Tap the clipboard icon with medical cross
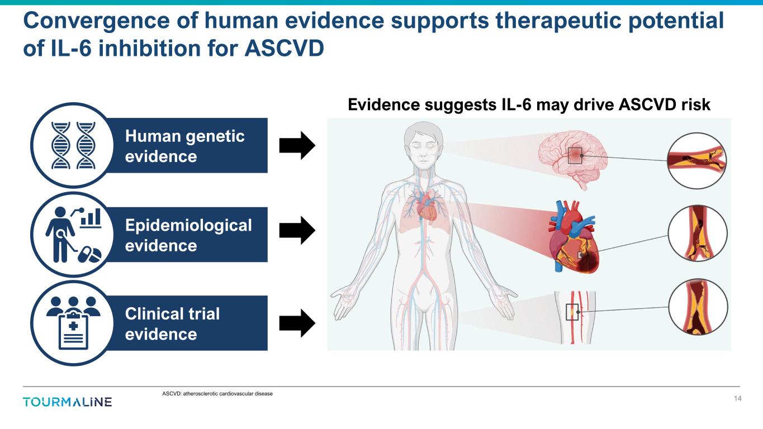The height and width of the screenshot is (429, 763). pyautogui.click(x=74, y=331)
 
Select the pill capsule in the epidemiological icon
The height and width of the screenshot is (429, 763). pyautogui.click(x=89, y=255)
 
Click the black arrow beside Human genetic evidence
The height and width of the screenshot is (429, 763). pyautogui.click(x=297, y=145)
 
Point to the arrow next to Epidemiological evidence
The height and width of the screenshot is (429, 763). pyautogui.click(x=297, y=231)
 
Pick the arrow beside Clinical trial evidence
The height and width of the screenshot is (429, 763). pyautogui.click(x=297, y=323)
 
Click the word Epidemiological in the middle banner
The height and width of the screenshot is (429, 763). pyautogui.click(x=188, y=226)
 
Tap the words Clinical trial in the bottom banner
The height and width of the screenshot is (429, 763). pyautogui.click(x=172, y=313)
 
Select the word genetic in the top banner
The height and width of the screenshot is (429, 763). pyautogui.click(x=215, y=137)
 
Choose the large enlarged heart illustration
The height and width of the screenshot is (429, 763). pyautogui.click(x=574, y=237)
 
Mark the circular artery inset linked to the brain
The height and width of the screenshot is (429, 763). pyautogui.click(x=696, y=161)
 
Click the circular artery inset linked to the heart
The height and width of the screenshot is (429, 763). pyautogui.click(x=698, y=233)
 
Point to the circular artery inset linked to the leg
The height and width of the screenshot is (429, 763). pyautogui.click(x=698, y=307)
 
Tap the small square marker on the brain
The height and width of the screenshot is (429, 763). pyautogui.click(x=575, y=156)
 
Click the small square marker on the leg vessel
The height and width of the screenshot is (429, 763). pyautogui.click(x=572, y=312)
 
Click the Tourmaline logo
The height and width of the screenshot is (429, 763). pyautogui.click(x=68, y=402)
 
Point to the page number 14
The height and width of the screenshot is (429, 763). pyautogui.click(x=737, y=398)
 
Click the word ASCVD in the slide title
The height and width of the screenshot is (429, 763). pyautogui.click(x=284, y=48)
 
